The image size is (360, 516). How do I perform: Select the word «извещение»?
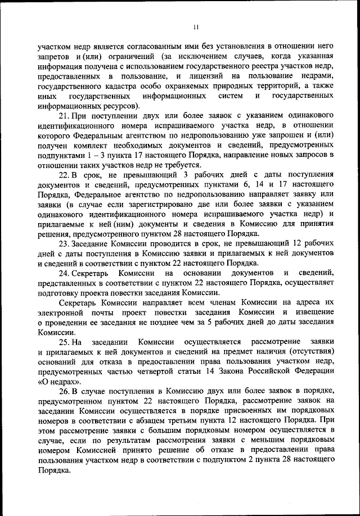[314, 312]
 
